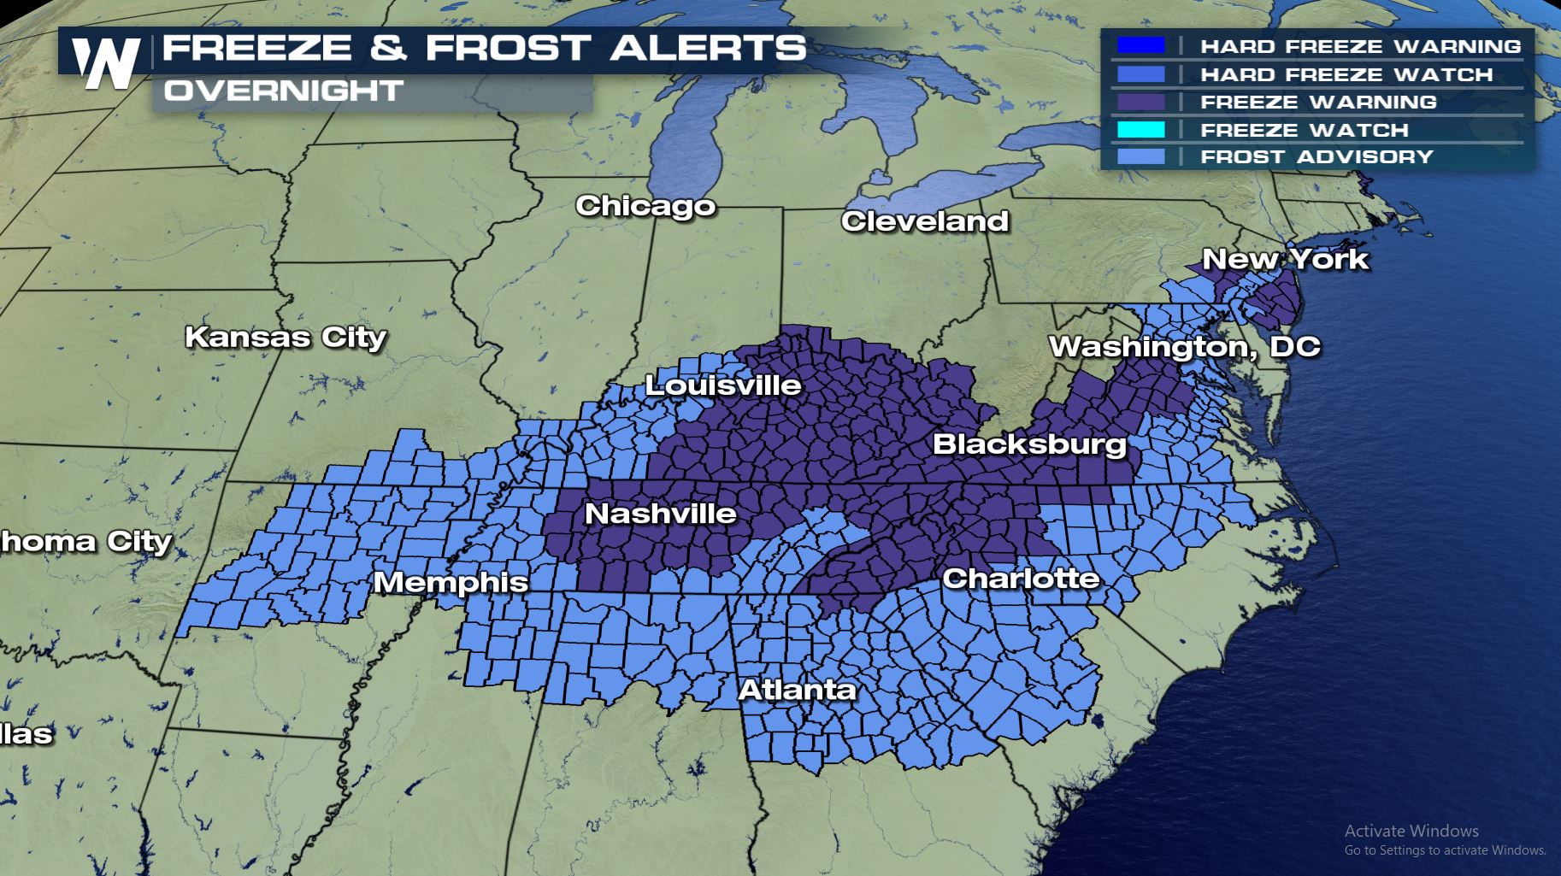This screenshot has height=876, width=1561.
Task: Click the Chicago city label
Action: (x=645, y=206)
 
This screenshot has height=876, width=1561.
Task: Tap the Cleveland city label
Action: (x=925, y=221)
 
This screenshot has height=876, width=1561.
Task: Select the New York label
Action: (x=1285, y=259)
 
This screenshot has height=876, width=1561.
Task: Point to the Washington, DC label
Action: (x=1184, y=346)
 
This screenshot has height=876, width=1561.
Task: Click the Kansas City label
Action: (x=286, y=337)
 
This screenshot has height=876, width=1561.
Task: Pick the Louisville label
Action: (x=722, y=385)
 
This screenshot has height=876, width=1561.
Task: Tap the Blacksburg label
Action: (x=1029, y=444)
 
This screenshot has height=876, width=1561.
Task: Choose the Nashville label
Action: (x=660, y=514)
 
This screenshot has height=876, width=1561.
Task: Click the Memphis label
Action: (x=451, y=582)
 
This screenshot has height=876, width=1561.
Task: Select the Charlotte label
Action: (x=1021, y=579)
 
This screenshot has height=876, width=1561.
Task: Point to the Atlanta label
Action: (x=797, y=690)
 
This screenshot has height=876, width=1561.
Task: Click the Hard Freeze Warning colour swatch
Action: (x=1140, y=45)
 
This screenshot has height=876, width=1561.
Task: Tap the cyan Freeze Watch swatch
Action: (x=1140, y=130)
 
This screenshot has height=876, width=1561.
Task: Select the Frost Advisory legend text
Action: (x=1317, y=156)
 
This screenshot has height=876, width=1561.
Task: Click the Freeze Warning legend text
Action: (x=1318, y=102)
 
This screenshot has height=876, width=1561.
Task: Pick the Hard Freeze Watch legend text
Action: (x=1346, y=74)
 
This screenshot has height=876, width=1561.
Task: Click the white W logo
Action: (x=105, y=63)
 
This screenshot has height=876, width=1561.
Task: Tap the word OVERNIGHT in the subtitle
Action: (x=283, y=91)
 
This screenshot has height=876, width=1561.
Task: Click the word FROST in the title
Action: (x=508, y=48)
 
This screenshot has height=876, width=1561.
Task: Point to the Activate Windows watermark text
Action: (x=1411, y=831)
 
